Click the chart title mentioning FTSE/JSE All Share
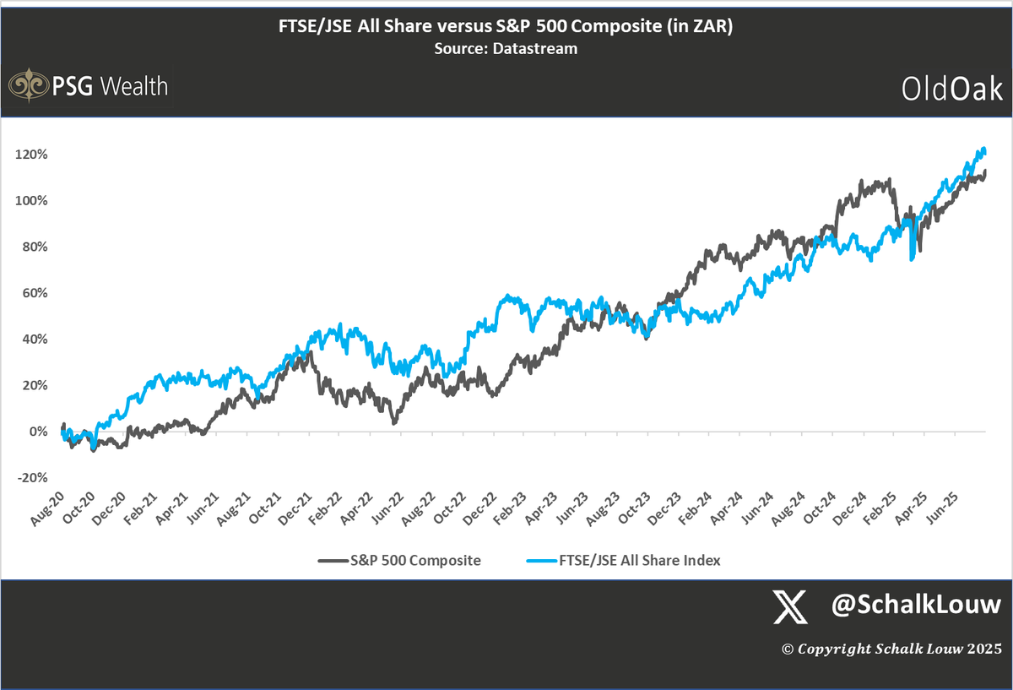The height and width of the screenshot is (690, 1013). pyautogui.click(x=506, y=29)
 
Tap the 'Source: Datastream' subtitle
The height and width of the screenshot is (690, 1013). pyautogui.click(x=506, y=49)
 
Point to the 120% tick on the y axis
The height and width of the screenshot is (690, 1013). pyautogui.click(x=31, y=155)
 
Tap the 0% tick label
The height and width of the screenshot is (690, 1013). pyautogui.click(x=37, y=432)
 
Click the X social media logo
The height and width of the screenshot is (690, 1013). pyautogui.click(x=790, y=606)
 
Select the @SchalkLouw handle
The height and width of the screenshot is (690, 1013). pyautogui.click(x=916, y=605)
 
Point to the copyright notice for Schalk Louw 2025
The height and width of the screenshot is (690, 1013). pyautogui.click(x=891, y=649)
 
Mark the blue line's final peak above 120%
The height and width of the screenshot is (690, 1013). pyautogui.click(x=981, y=149)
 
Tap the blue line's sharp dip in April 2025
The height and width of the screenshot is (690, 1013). pyautogui.click(x=912, y=259)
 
